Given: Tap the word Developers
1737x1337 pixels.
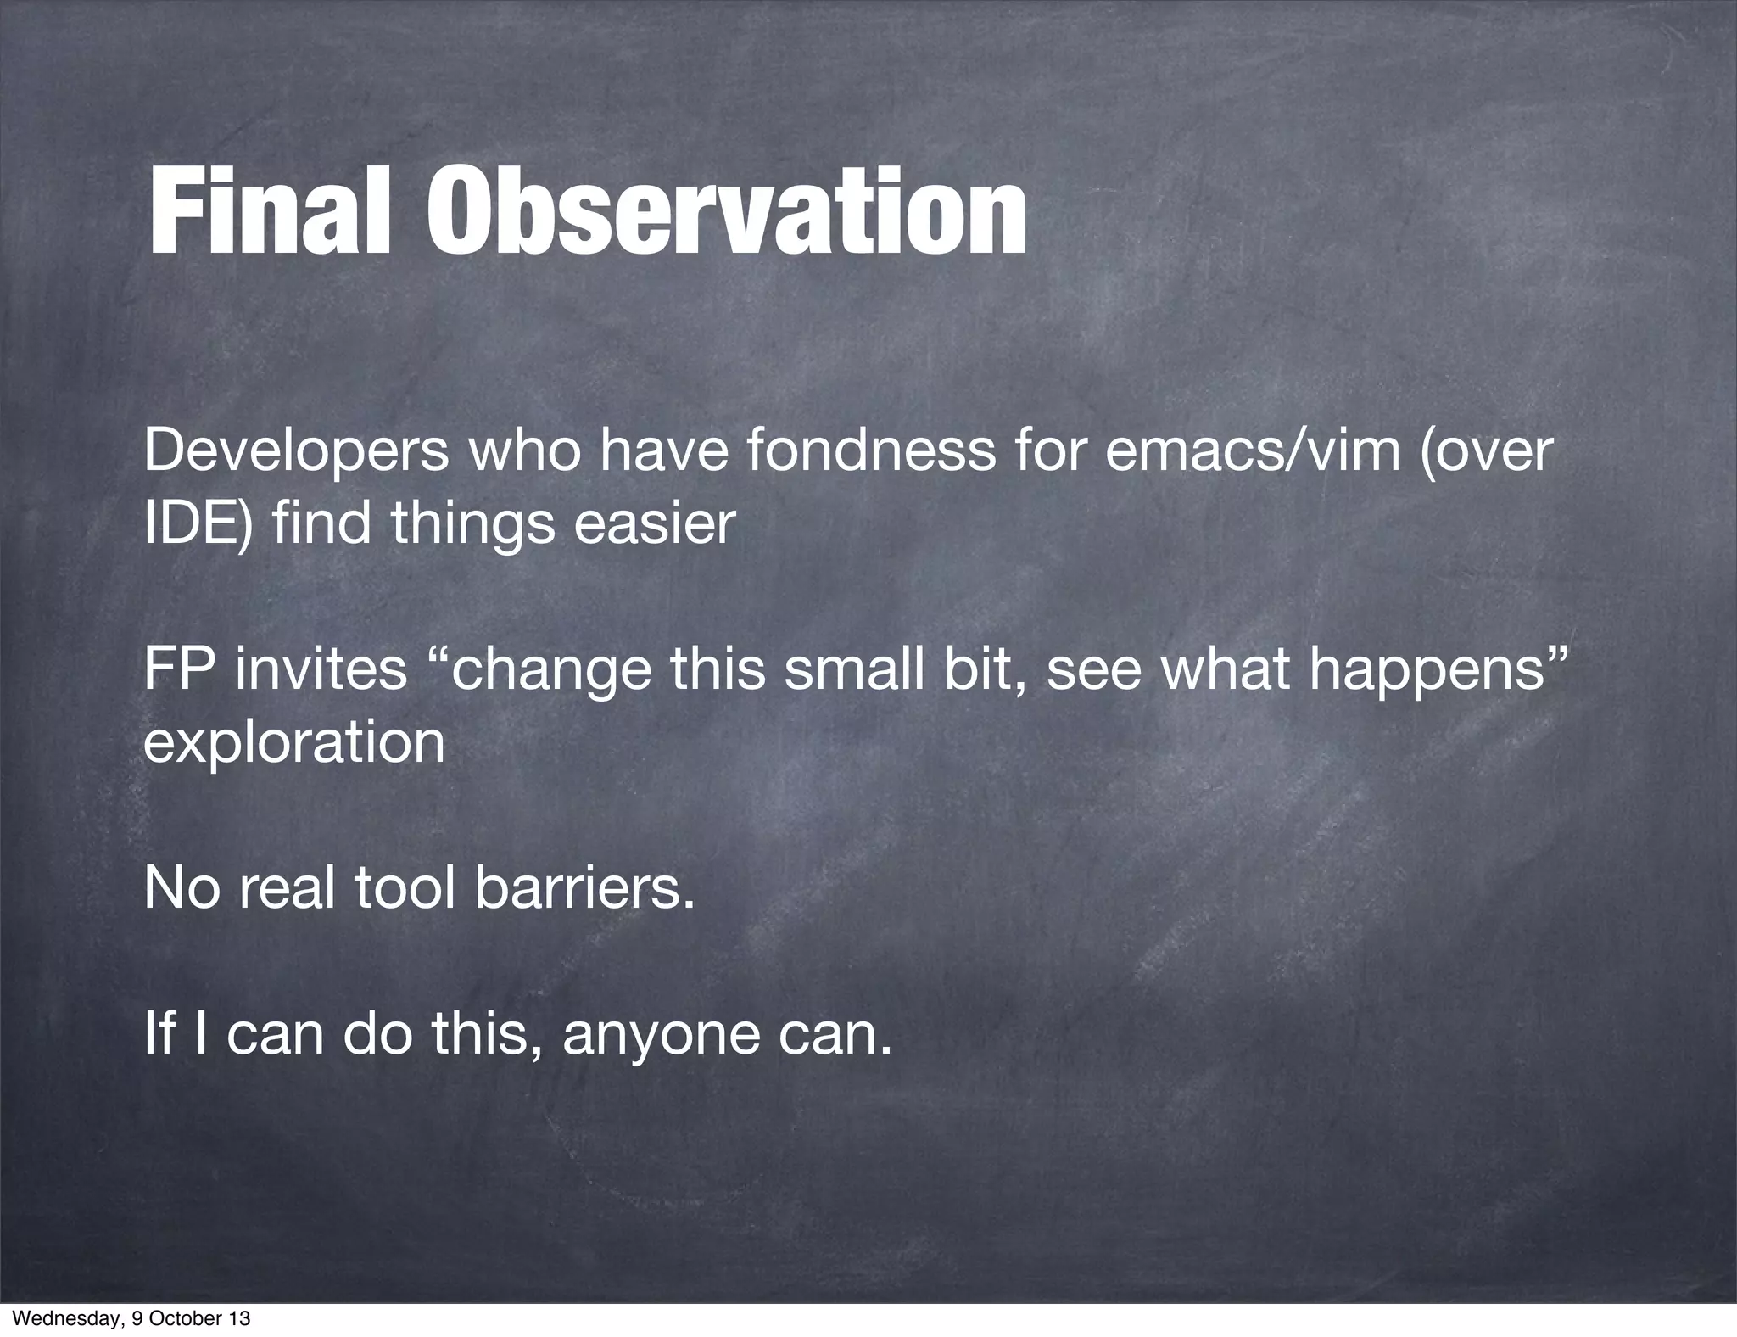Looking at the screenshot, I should (x=296, y=453).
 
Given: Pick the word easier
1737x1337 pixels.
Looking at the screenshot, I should (x=654, y=523).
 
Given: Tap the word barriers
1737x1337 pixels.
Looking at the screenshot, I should (x=584, y=888).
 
